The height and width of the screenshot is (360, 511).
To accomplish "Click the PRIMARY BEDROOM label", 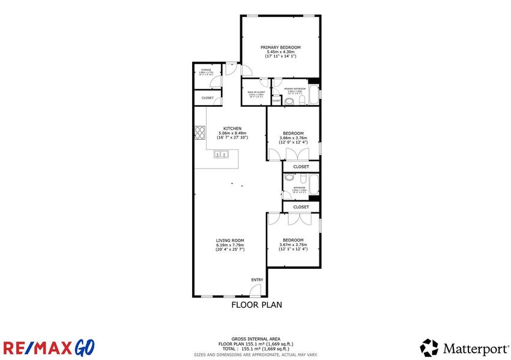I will coord(280,47).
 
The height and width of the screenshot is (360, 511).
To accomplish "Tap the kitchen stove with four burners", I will coord(199,131).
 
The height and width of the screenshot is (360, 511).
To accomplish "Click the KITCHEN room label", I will coord(232,128).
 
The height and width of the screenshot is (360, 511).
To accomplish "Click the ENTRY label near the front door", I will coord(257,280).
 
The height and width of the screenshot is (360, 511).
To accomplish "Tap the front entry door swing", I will coord(255,290).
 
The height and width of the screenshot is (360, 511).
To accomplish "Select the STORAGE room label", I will coord(206,71).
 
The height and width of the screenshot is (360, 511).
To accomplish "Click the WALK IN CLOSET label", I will coord(256,92).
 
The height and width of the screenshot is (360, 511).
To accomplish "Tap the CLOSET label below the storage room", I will coord(208,97).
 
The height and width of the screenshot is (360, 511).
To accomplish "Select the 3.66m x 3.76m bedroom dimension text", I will coord(293,138).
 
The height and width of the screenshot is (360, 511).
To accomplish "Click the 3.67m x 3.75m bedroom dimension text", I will coord(293,245).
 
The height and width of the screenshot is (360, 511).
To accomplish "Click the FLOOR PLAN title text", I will coord(256,305).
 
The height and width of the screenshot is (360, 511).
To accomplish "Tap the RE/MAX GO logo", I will coord(48,347).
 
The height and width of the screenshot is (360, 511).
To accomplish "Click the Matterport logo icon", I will coord(429,347).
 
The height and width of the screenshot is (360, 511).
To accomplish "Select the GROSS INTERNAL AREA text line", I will coord(256,339).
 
